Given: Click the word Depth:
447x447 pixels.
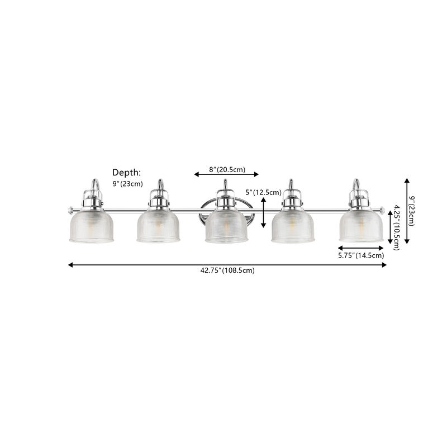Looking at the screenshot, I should point(127,173).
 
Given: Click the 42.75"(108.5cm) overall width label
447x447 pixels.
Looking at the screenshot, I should point(227,270).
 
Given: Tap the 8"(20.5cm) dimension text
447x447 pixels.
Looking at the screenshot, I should point(226,169).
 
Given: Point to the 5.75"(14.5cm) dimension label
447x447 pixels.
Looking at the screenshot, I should point(361,255).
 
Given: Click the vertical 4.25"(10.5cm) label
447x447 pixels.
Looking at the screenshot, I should point(396,227).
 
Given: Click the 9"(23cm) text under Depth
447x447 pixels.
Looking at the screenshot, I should point(128,184).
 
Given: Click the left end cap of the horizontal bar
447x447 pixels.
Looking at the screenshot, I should point(70,210).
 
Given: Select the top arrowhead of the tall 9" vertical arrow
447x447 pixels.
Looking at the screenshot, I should point(407,181).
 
